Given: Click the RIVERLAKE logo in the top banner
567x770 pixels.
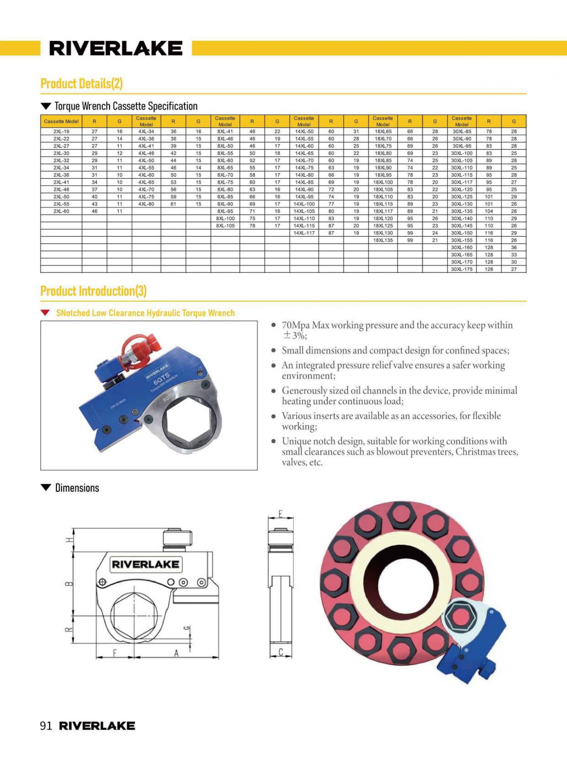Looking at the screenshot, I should coord(116,49).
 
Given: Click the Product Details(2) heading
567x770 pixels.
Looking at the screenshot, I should coord(81,83).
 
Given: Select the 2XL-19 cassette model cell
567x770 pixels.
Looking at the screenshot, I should coord(61,131).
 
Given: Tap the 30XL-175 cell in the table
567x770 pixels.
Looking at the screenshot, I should coord(462,269).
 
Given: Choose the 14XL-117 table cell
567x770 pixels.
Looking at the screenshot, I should coord(304,233).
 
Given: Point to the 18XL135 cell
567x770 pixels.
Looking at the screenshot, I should coord(383,240).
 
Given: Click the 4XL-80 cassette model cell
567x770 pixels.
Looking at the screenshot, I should coord(146,204).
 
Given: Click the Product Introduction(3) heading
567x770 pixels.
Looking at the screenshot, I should coord(93,291).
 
